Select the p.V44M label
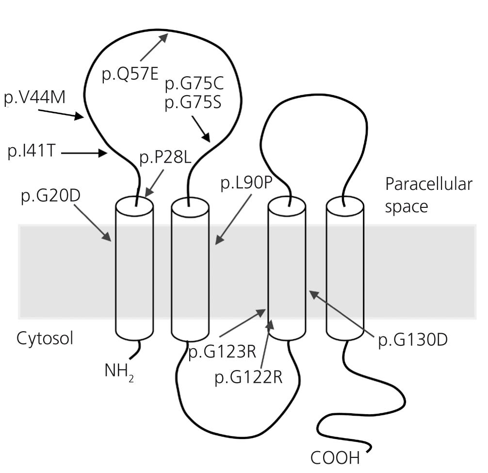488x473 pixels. [x=34, y=99]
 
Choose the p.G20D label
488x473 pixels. [x=49, y=197]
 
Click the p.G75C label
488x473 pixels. [x=194, y=84]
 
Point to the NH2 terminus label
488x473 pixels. [x=118, y=371]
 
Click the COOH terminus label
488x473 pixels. [x=335, y=457]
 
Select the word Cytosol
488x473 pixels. [x=45, y=338]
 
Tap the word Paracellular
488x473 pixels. [x=428, y=185]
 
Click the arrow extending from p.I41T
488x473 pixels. [x=84, y=153]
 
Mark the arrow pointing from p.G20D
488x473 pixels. [x=93, y=221]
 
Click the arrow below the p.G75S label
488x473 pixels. [x=202, y=129]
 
